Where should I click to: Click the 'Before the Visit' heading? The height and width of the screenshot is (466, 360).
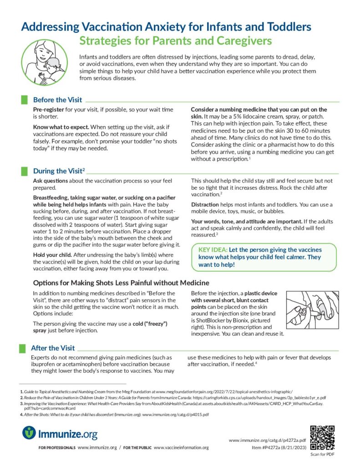pyautogui.click(x=57, y=100)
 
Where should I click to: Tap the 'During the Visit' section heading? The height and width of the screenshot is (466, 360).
pyautogui.click(x=59, y=171)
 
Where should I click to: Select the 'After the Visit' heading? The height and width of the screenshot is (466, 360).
pyautogui.click(x=53, y=348)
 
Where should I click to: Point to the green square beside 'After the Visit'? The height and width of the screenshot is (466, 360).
pyautogui.click(x=23, y=348)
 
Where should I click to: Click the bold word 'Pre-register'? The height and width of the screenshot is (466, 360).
pyautogui.click(x=48, y=110)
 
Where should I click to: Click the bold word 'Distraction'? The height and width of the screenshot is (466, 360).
pyautogui.click(x=207, y=204)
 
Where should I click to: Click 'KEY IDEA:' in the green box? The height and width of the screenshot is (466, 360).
pyautogui.click(x=213, y=250)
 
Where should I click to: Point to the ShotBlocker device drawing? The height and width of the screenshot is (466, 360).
pyautogui.click(x=312, y=310)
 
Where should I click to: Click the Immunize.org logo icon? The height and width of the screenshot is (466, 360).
pyautogui.click(x=29, y=432)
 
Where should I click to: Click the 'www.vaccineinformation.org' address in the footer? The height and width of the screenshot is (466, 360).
pyautogui.click(x=181, y=448)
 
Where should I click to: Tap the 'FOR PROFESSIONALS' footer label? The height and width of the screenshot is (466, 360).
pyautogui.click(x=57, y=448)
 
